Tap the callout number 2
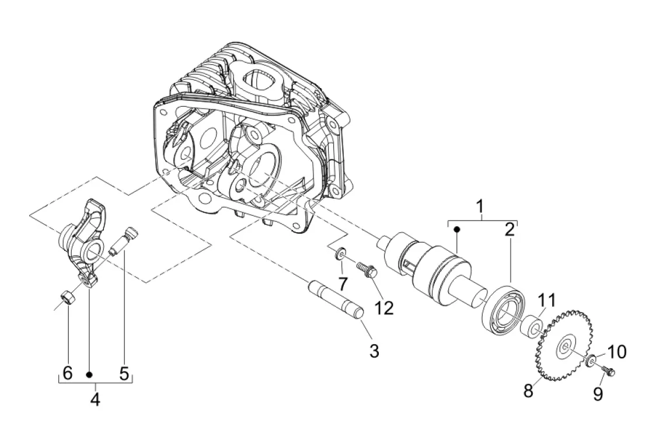tap(510, 229)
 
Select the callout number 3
tap(374, 351)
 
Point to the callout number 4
tap(95, 400)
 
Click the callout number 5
tap(124, 373)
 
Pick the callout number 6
tap(67, 373)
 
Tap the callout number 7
tap(343, 284)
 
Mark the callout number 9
tap(598, 394)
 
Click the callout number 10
tap(617, 352)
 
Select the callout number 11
tap(547, 301)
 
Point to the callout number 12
tap(385, 307)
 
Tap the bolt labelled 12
tap(367, 269)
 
